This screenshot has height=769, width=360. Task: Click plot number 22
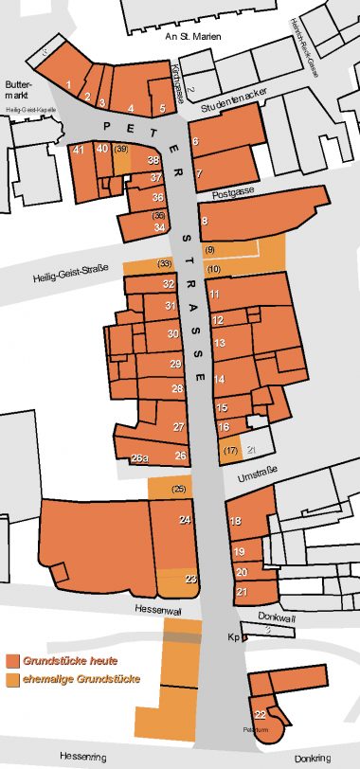(x=260, y=714)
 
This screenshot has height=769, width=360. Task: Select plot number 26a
(x=139, y=459)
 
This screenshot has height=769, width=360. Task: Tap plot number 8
(x=205, y=221)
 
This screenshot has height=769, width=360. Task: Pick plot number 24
(x=186, y=520)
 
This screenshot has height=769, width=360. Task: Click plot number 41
(x=79, y=149)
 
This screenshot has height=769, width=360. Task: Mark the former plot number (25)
(x=179, y=489)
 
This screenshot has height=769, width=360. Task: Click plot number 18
(x=236, y=522)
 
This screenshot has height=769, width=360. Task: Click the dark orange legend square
(x=14, y=660)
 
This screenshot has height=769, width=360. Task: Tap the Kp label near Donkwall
(x=231, y=637)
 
